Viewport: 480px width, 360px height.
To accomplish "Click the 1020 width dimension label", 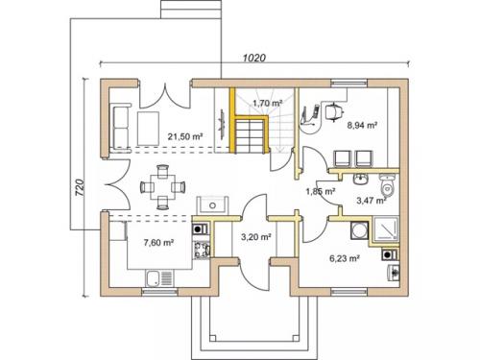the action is [254, 58].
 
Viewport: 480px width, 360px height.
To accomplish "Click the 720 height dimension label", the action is [80, 187].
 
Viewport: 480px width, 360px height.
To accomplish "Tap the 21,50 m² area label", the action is [185, 136].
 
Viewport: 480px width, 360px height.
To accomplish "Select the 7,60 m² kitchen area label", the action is [158, 243].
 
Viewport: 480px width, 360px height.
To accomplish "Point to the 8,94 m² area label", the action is [362, 125].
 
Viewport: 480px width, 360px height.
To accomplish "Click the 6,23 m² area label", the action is [344, 258].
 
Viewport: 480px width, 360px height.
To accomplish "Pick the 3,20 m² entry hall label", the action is [256, 237].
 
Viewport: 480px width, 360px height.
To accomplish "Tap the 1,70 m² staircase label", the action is [267, 103].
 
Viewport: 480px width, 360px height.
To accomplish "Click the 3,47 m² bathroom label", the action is [372, 201].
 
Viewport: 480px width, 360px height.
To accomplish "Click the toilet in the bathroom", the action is [387, 184].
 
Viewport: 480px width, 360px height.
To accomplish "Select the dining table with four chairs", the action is [163, 187].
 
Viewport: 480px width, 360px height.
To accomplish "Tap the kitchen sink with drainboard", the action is [159, 278].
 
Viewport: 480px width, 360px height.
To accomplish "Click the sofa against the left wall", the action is [121, 127].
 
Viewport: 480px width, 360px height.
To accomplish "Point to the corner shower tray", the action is [385, 229].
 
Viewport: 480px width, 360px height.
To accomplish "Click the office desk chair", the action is [334, 111].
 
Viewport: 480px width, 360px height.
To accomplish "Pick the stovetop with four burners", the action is [202, 250].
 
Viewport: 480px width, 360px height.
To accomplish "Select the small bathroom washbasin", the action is [362, 180].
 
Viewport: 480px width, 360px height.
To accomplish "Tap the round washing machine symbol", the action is [358, 230].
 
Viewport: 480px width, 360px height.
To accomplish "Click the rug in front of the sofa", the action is [148, 128].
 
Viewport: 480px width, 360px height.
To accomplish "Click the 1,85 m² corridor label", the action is [321, 192].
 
